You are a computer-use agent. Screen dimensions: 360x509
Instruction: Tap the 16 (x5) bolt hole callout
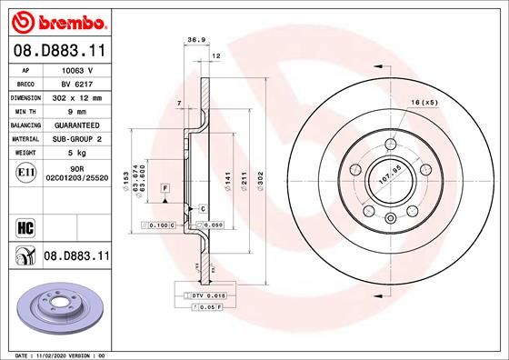point(424,102)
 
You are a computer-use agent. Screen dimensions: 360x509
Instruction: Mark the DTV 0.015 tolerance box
point(201,295)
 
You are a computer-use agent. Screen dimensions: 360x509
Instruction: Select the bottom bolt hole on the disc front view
point(389,216)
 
